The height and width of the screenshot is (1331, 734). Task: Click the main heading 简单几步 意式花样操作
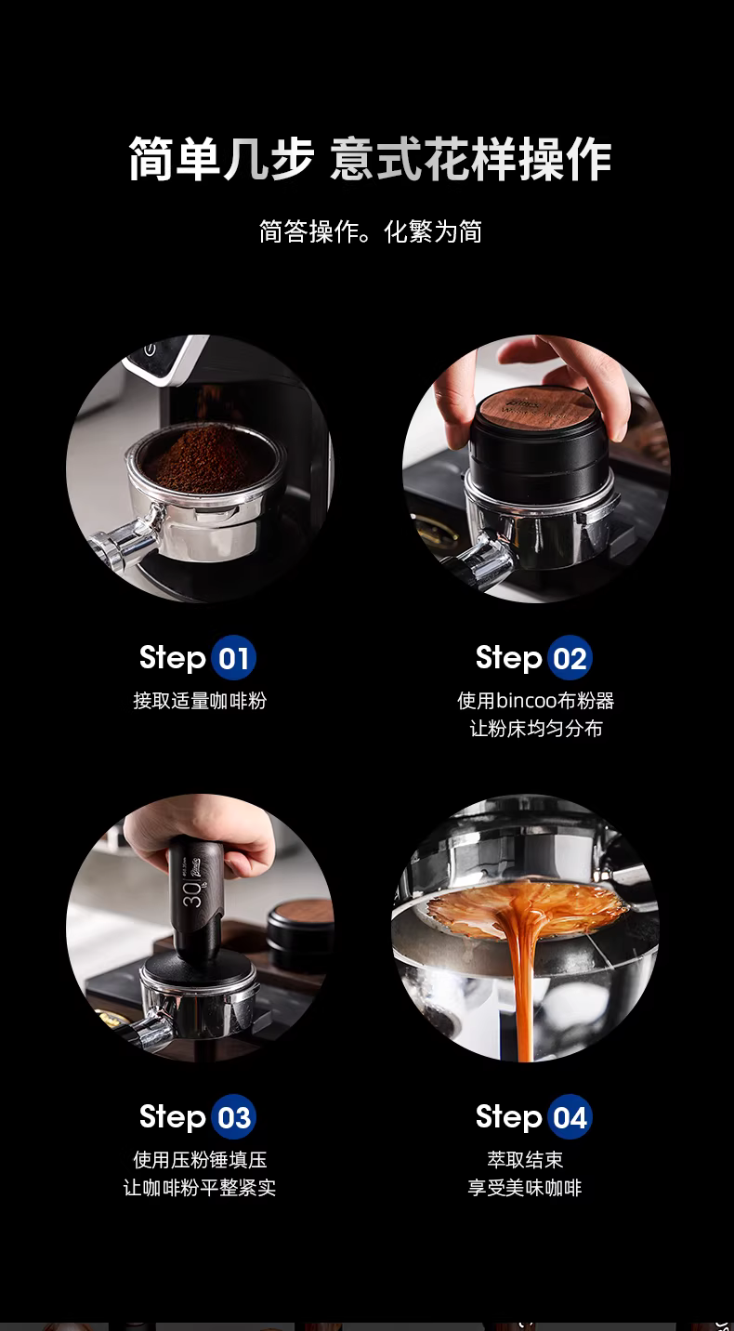tap(370, 159)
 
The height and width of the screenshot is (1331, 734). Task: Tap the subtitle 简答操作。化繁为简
tap(370, 231)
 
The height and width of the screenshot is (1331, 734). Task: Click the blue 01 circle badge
tap(233, 658)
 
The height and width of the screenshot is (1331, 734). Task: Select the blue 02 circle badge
tap(570, 658)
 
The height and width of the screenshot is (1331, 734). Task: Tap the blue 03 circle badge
tap(233, 1117)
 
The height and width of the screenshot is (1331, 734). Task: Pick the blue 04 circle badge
tap(570, 1117)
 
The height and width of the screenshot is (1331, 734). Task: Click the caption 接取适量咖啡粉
tap(200, 701)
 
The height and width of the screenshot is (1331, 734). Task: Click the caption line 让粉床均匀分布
tap(536, 729)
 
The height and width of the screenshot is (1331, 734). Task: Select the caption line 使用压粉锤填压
tap(200, 1160)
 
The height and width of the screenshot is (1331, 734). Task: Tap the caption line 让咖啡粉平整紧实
tap(200, 1188)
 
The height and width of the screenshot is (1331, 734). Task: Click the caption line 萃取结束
tap(525, 1160)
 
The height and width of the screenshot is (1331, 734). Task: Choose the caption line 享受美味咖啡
tap(524, 1188)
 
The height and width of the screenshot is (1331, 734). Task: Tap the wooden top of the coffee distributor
tap(538, 410)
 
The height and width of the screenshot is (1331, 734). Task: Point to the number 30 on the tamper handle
tap(192, 893)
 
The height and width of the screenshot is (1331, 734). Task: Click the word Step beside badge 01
tap(172, 658)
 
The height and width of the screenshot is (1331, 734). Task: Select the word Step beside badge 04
tap(508, 1117)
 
